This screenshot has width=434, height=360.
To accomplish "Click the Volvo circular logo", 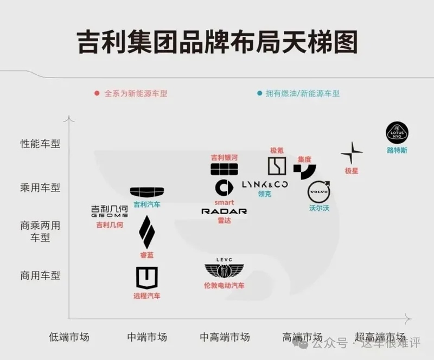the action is tap(319, 192).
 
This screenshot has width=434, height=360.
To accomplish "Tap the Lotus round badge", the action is tap(397, 133).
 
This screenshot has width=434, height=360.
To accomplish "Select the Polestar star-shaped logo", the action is tap(352, 152).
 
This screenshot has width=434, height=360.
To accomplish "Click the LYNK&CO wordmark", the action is tap(265, 184).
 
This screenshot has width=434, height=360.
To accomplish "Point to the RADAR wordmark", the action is tap(224, 211).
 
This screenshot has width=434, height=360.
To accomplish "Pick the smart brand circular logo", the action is tap(224, 188).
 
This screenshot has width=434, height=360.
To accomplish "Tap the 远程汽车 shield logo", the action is tap(146, 278).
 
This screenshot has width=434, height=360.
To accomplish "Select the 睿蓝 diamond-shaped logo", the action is tap(146, 232).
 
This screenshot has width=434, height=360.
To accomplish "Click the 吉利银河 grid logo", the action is tap(224, 169).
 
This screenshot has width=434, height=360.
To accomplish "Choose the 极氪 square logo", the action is tap(277, 166).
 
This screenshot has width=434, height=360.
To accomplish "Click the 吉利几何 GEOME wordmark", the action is tap(110, 211).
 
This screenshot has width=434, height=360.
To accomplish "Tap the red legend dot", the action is tap(97, 93).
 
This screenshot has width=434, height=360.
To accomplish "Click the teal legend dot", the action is tap(259, 93).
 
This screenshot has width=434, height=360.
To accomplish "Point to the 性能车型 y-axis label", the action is tap(40, 144).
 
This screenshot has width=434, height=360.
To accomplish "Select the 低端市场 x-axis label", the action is tap(69, 337).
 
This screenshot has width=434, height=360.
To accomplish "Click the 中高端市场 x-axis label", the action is tap(225, 337).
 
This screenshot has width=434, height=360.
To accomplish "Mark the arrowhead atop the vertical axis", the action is tap(69, 117).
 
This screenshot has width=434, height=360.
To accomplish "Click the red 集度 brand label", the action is tap(304, 159).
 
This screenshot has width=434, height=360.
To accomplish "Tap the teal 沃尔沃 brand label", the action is tap(319, 208).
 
